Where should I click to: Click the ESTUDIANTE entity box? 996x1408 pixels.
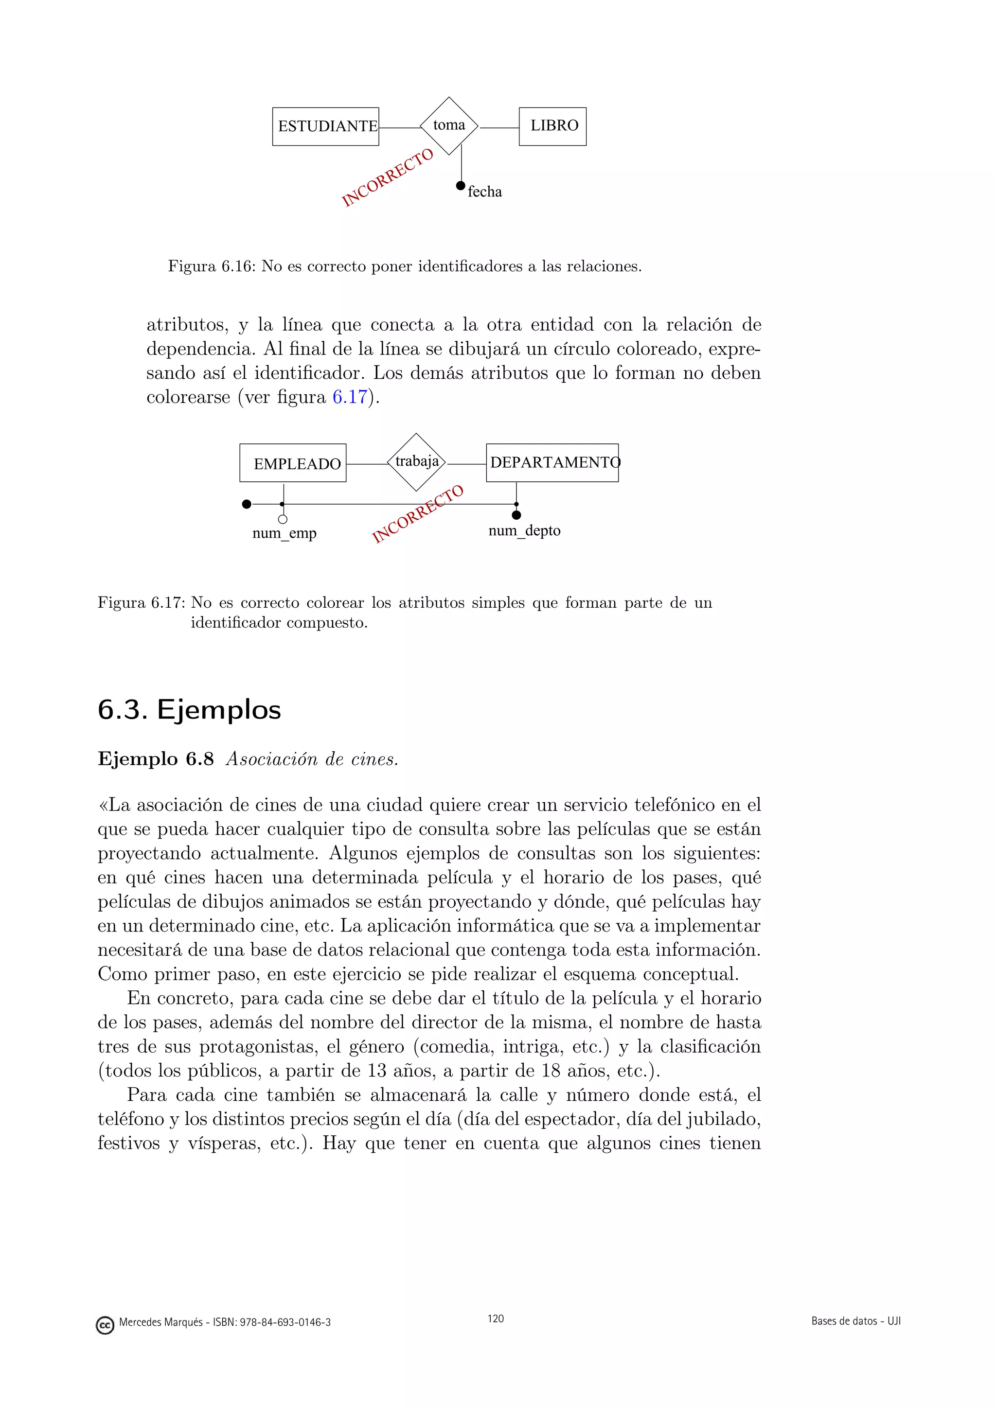(326, 126)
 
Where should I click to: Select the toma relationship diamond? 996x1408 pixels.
(449, 126)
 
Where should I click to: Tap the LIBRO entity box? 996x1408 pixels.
(552, 126)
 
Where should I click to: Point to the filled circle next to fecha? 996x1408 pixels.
(461, 186)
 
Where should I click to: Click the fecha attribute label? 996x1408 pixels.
(484, 192)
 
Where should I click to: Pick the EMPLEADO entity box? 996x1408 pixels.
(293, 463)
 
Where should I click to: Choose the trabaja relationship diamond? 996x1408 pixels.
(416, 462)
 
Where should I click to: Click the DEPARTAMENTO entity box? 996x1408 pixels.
(552, 462)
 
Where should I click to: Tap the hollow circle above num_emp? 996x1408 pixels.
(283, 519)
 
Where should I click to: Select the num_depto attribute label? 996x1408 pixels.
(524, 530)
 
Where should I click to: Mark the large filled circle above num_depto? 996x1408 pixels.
(516, 515)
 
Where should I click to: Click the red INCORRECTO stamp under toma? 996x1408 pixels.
(387, 177)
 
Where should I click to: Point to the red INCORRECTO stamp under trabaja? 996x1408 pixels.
(418, 514)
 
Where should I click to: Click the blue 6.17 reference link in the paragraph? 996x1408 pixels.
(350, 397)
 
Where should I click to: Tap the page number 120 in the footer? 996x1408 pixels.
(496, 1319)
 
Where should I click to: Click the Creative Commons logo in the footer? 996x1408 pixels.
(106, 1325)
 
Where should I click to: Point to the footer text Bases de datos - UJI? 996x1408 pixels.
(855, 1321)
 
